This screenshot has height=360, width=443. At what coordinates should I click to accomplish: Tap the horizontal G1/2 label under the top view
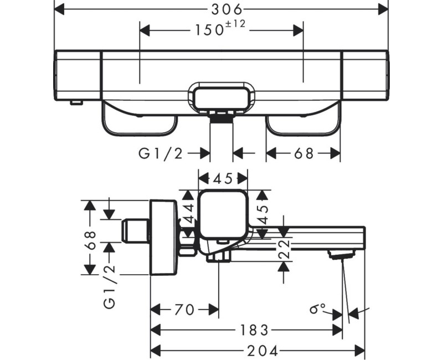coord(160,153)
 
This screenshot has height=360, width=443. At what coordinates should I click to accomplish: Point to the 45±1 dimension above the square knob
coord(223,178)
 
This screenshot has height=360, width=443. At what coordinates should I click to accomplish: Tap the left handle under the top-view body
coord(139,120)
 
